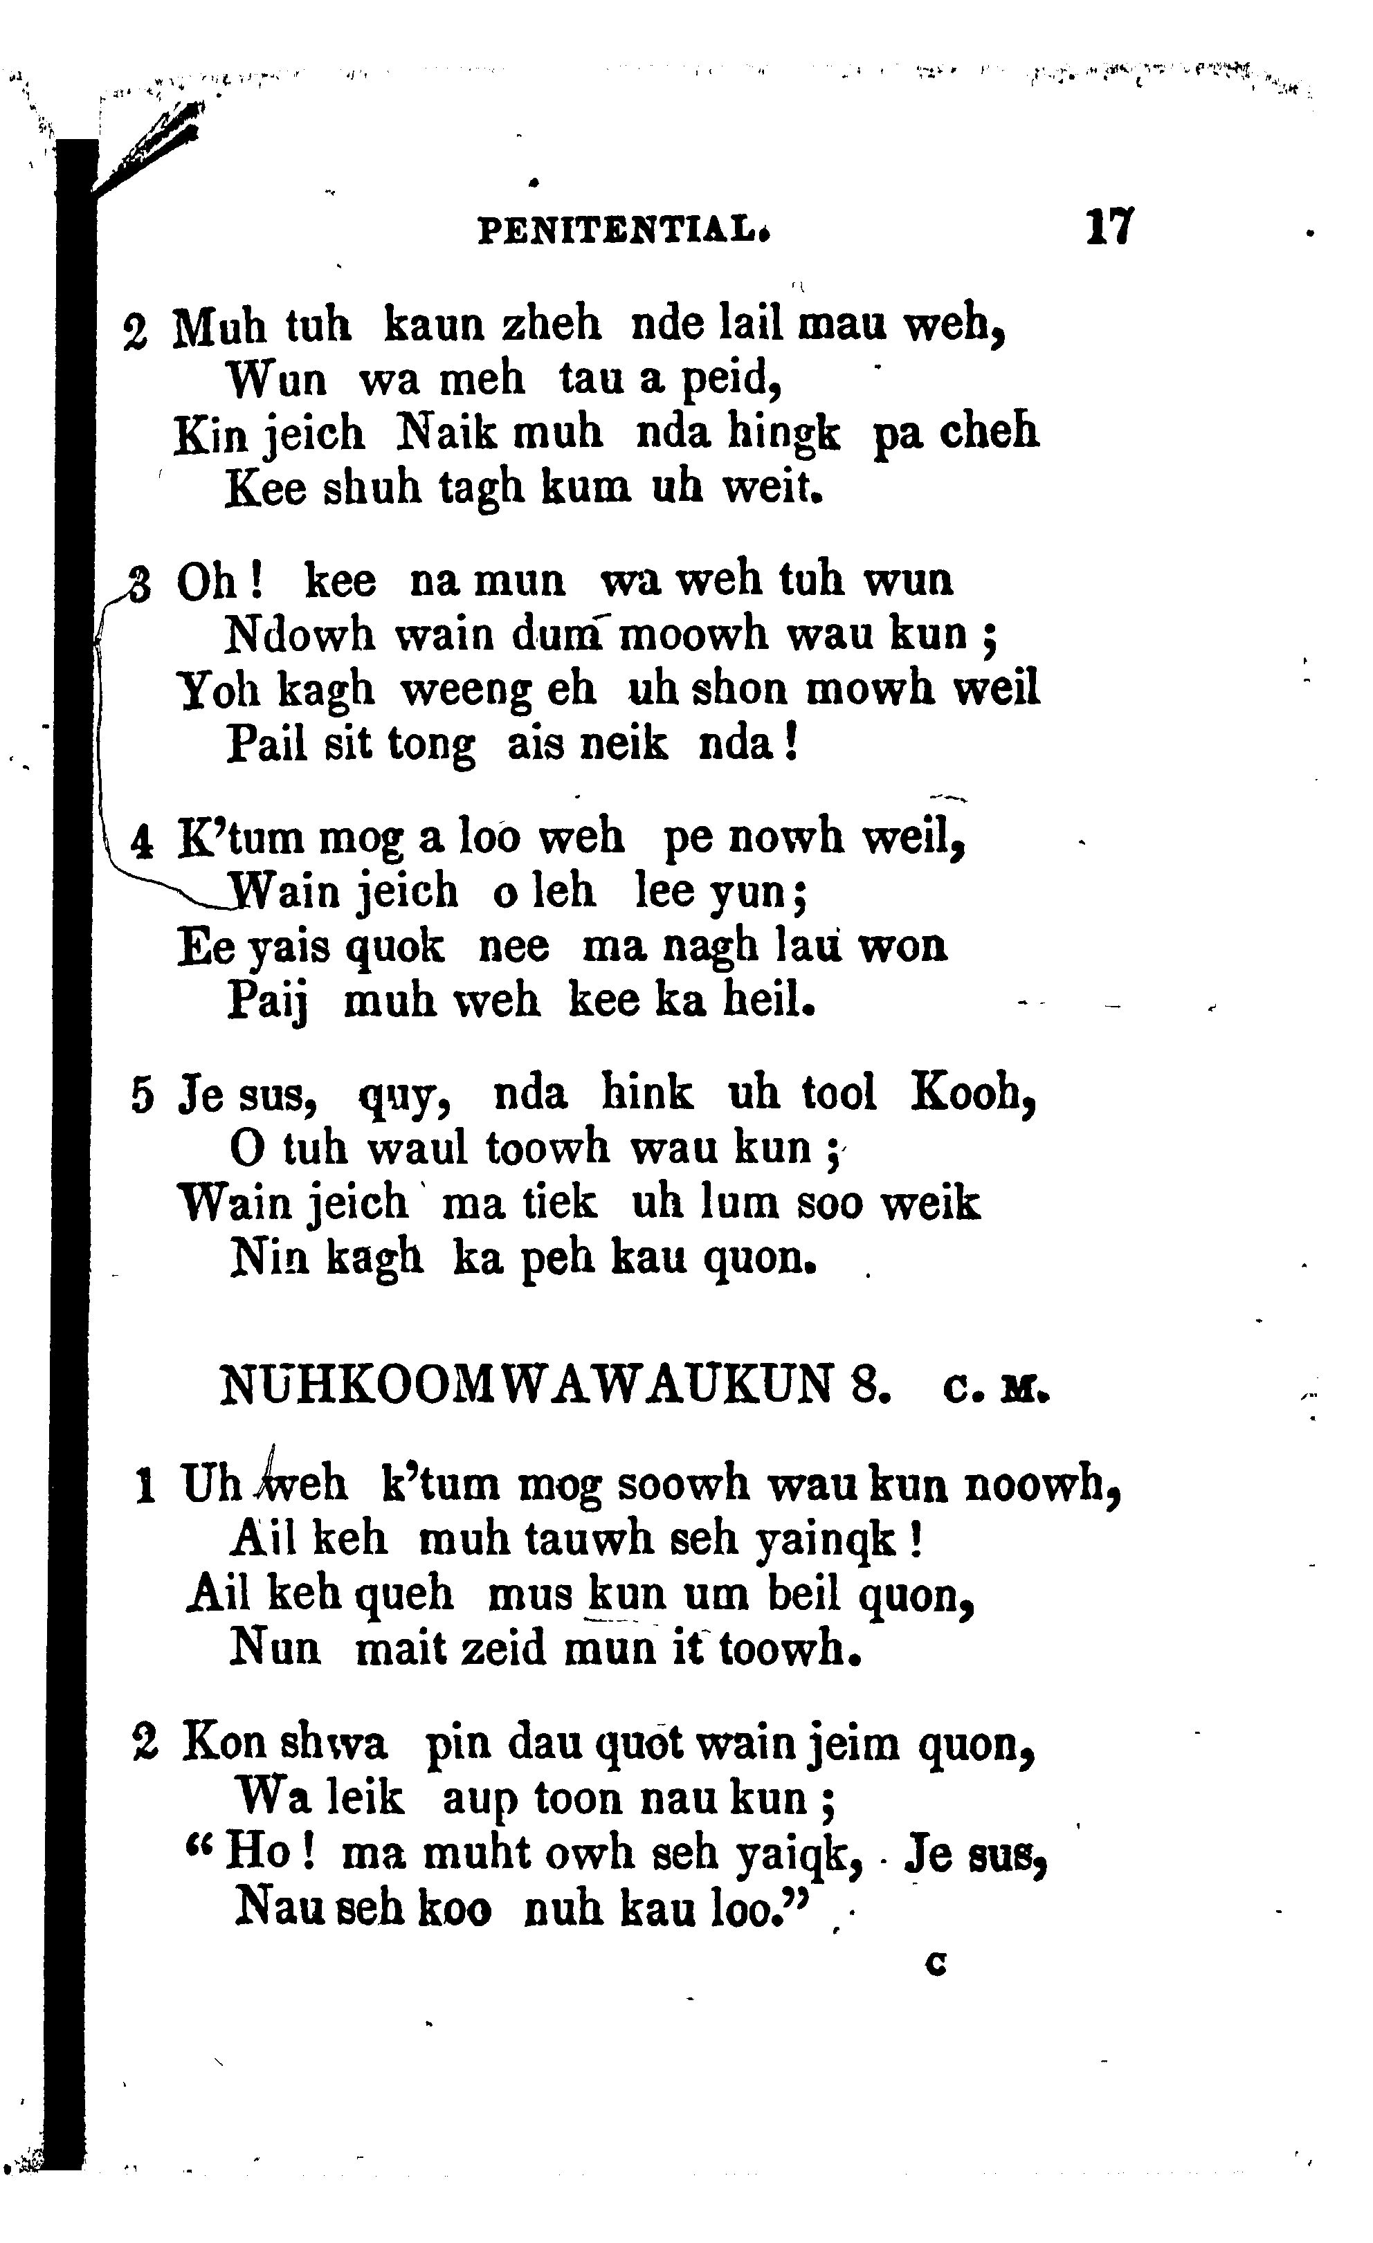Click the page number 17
click(1109, 228)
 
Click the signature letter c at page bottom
click(935, 1963)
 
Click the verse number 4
click(141, 843)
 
